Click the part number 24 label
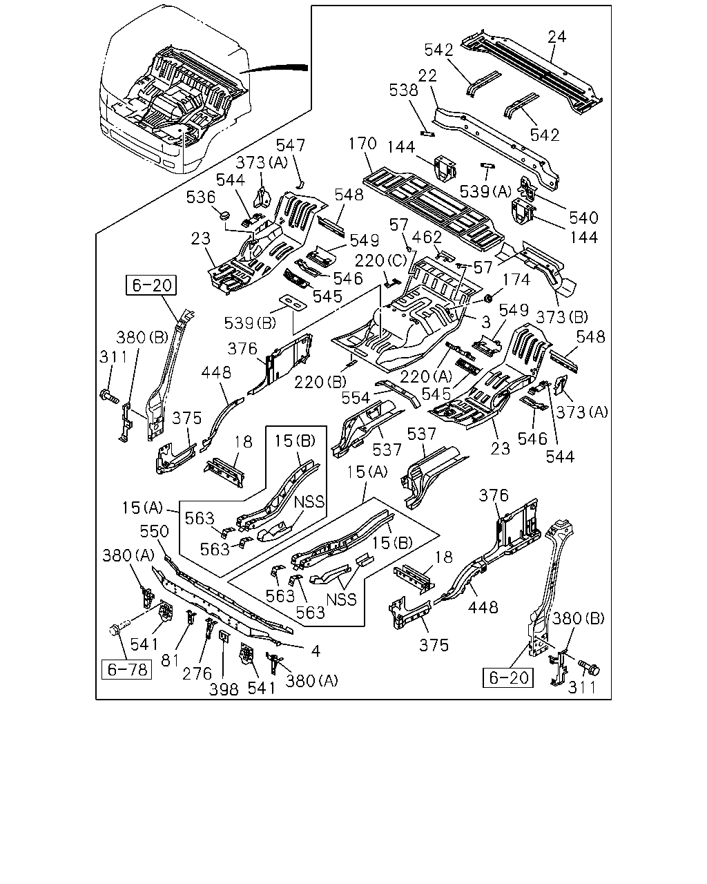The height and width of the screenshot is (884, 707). coord(557,37)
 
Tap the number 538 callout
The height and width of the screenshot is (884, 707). coord(403,90)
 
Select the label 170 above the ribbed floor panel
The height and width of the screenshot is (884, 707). coord(362,144)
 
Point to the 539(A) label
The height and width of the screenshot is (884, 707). coord(485,191)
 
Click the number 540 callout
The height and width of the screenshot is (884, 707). coord(583,218)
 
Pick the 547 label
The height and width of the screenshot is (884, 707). coord(291,145)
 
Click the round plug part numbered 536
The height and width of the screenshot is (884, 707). coord(224,215)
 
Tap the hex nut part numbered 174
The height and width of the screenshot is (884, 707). coord(488,298)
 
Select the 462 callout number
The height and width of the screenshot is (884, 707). coord(426,238)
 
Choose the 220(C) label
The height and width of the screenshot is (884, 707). coord(381,260)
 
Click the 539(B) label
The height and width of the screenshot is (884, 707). coord(250,323)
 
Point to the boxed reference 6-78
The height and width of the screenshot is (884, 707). coord(126,670)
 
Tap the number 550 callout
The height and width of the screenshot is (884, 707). coord(154,531)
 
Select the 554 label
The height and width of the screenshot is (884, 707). coord(356,397)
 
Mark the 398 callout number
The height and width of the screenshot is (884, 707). coord(224,689)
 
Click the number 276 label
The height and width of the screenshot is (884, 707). coord(197,673)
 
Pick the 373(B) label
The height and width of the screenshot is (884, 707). coord(562,317)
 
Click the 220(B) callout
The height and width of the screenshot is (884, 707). coord(320,382)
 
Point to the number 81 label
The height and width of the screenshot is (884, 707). coord(170,660)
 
